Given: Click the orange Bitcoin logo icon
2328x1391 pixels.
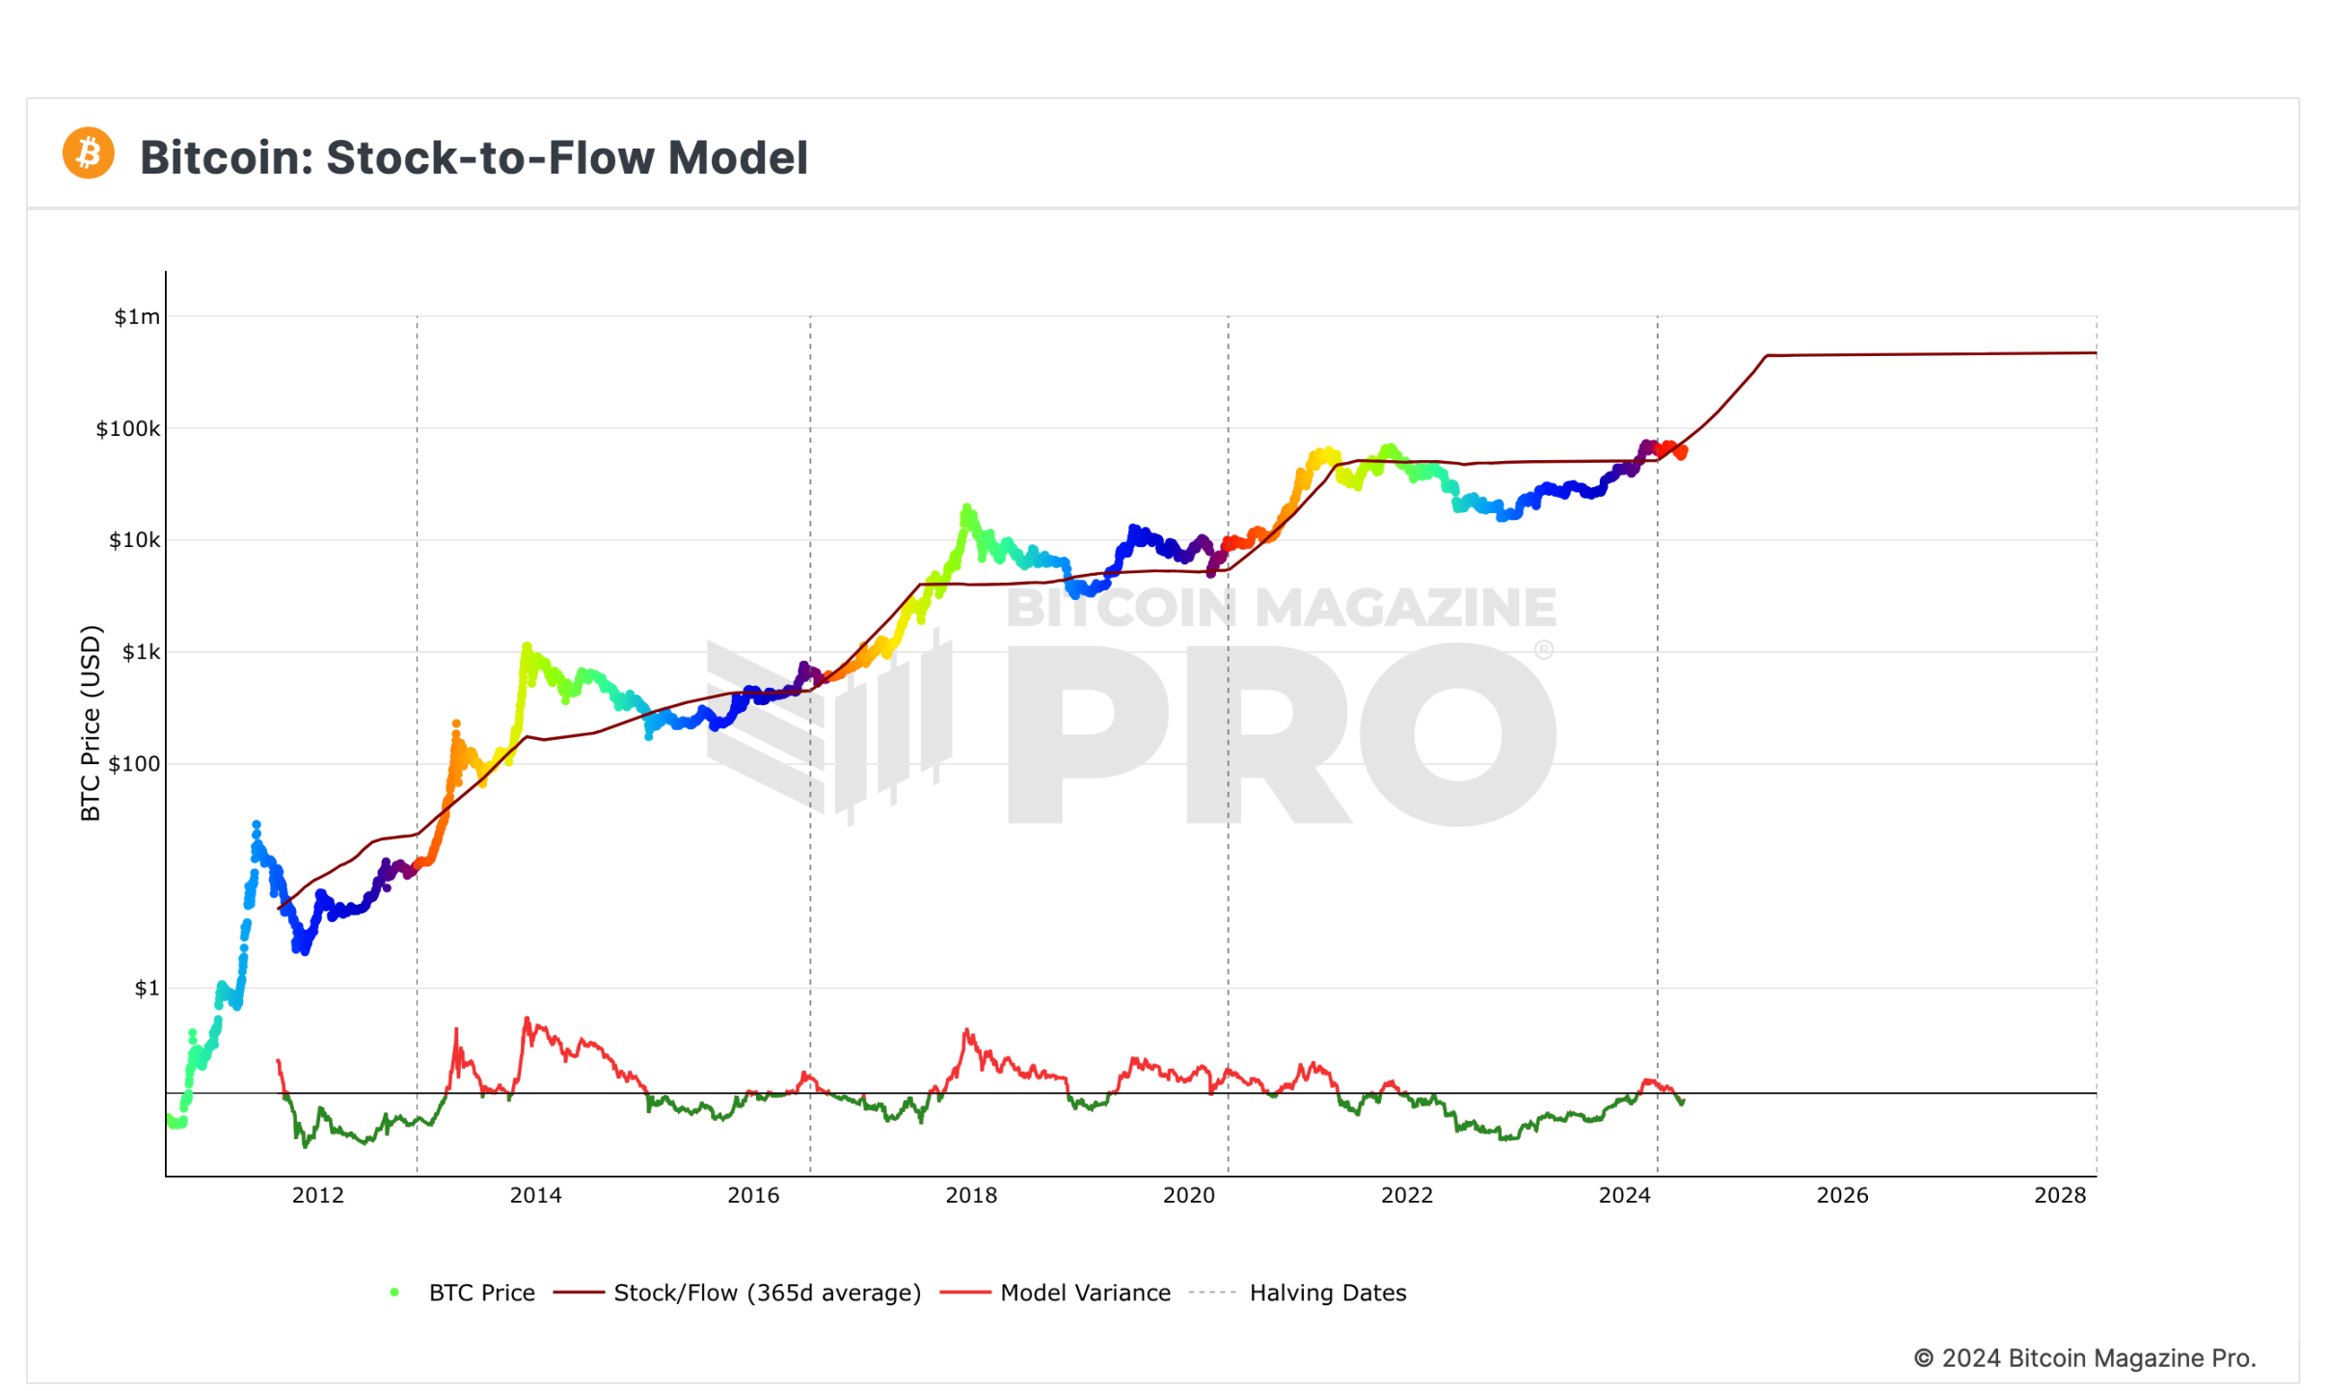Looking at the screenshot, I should pos(88,153).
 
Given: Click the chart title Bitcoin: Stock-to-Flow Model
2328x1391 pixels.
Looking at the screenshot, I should pos(474,157).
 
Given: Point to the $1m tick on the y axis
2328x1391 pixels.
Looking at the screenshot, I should pos(137,316).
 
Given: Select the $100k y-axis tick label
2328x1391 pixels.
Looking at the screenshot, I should pos(127,428).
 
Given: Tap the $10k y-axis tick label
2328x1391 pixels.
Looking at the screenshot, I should pos(134,540).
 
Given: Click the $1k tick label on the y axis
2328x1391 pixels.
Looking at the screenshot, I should pos(141,652).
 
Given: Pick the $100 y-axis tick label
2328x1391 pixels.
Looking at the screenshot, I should pos(134,764).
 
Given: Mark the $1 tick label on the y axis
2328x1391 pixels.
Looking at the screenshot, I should pos(147,988).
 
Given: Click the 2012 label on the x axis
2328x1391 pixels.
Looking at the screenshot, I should pos(317,1195).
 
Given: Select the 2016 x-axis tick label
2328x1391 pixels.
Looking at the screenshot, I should pos(753,1195).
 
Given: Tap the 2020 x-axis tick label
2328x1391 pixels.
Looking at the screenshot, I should pos(1189,1195).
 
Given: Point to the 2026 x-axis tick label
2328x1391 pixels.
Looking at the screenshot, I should pos(1842,1195).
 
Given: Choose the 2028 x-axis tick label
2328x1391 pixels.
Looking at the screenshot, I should pos(2060,1195).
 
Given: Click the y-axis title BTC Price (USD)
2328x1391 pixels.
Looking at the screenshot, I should pos(90,723).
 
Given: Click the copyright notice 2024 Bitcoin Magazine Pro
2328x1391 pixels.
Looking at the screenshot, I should pos(2084,1358).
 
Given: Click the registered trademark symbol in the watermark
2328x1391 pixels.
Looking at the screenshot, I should pos(1543,650).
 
